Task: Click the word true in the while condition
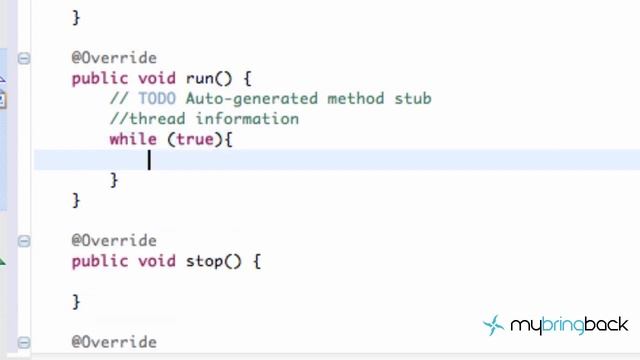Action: coord(196,139)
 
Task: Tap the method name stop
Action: coord(204,261)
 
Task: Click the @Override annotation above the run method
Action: coord(113,58)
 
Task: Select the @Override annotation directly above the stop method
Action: coord(113,241)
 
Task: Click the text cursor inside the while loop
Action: coord(149,160)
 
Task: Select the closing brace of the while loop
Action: coord(114,180)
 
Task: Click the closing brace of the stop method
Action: coord(76,301)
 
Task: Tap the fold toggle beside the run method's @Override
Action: coord(24,58)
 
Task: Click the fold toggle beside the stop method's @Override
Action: coord(24,241)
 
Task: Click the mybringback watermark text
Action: coord(569,325)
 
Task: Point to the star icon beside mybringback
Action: coord(494,325)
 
